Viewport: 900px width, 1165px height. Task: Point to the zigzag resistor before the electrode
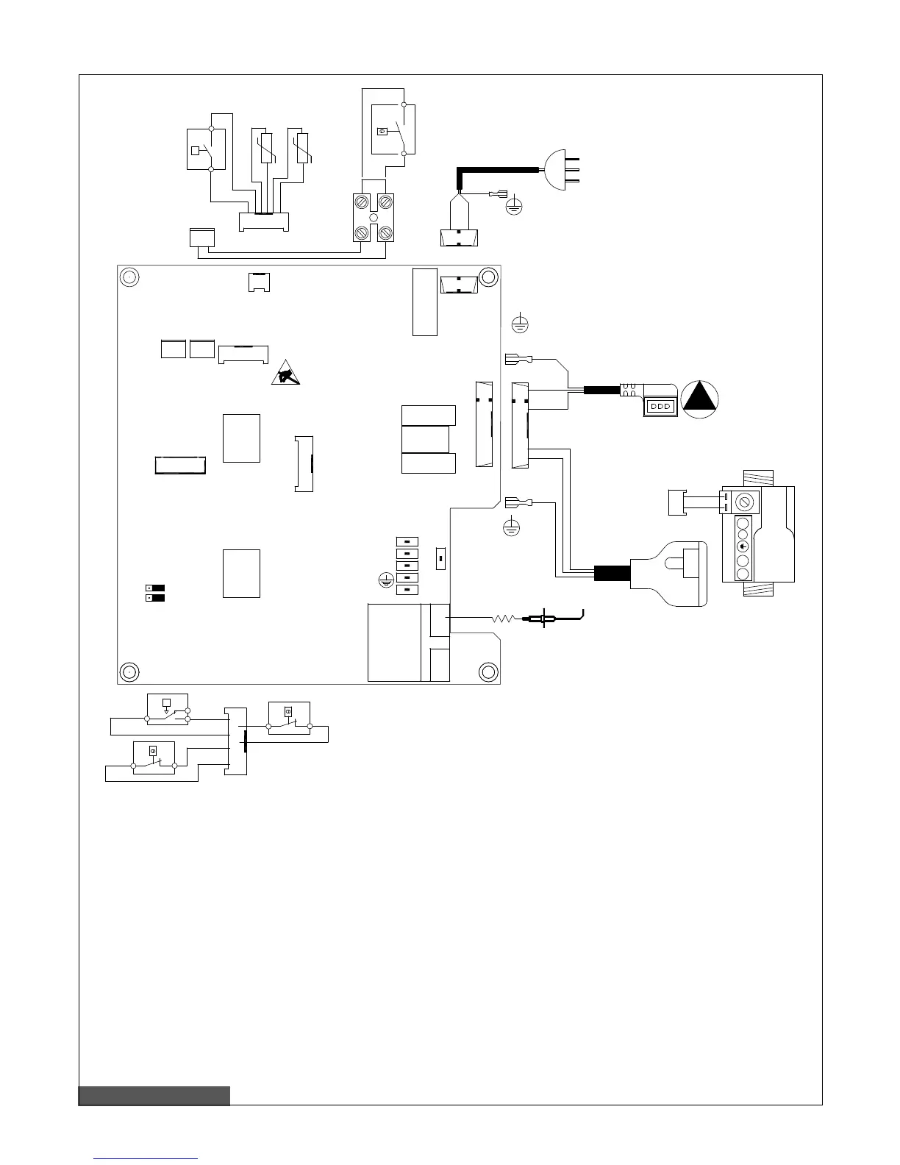(x=504, y=620)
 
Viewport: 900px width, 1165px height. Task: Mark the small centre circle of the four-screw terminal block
(x=373, y=218)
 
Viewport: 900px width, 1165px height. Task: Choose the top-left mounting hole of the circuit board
(x=129, y=277)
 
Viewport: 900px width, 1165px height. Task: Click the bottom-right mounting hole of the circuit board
(x=488, y=671)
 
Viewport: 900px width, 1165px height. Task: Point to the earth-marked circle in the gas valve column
(x=743, y=546)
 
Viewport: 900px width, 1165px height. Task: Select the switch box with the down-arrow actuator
(x=168, y=708)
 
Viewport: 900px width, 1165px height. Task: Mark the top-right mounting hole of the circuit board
(x=488, y=277)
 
